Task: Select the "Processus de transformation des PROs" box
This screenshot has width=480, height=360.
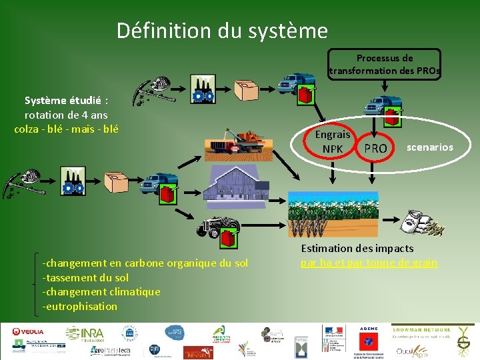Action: tap(384, 65)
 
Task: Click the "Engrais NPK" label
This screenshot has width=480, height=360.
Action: tap(332, 141)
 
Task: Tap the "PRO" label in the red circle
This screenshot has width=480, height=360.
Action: tap(375, 149)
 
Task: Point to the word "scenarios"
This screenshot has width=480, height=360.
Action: tap(429, 147)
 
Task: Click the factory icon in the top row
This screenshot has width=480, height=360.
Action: tap(202, 89)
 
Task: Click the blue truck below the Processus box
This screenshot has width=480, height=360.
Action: tap(383, 107)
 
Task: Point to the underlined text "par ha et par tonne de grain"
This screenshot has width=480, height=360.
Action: tap(369, 263)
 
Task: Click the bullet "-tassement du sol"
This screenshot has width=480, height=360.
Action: tap(85, 277)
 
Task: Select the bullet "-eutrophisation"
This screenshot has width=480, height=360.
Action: tap(79, 307)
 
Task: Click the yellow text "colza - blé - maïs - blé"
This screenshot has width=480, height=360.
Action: tap(66, 129)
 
